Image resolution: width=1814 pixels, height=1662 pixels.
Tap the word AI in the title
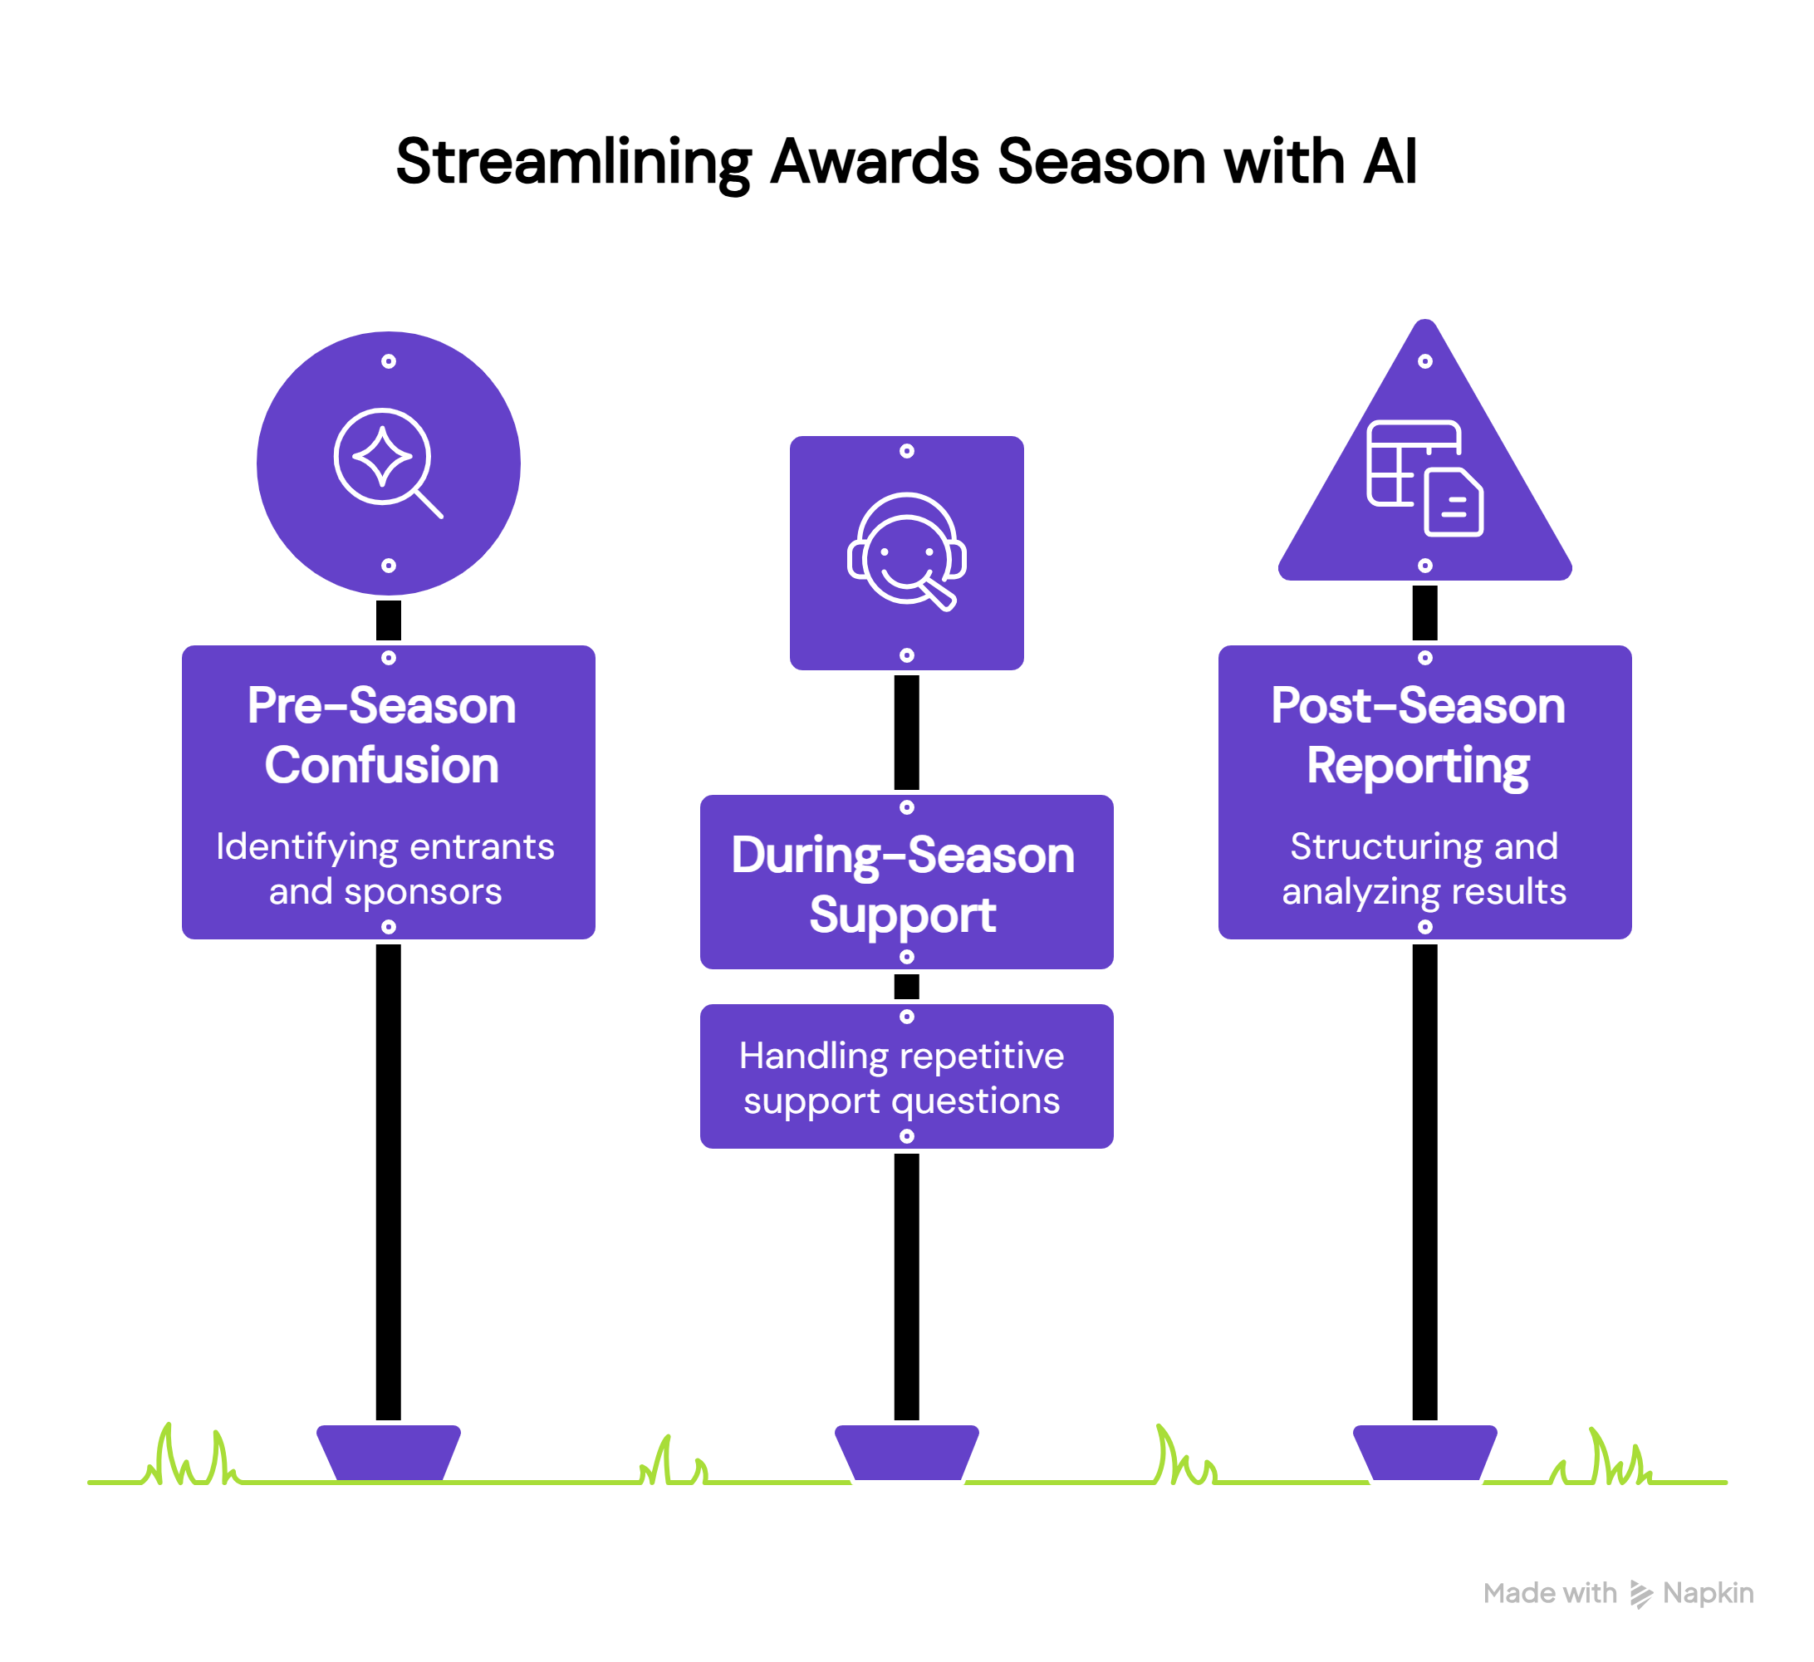(1390, 163)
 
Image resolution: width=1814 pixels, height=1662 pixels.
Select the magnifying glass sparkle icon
(388, 463)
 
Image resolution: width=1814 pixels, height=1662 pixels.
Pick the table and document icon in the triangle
(1424, 478)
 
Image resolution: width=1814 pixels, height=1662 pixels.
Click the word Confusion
(381, 766)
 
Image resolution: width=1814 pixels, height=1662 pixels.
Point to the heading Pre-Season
(381, 705)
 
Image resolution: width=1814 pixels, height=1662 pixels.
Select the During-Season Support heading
(904, 885)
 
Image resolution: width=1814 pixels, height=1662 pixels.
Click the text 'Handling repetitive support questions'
(902, 1078)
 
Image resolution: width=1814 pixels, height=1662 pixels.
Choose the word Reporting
(1417, 766)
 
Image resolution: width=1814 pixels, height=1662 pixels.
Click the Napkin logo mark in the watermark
(1640, 1594)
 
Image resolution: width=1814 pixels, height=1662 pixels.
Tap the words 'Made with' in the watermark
(1550, 1594)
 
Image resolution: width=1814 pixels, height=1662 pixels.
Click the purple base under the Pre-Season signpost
(388, 1453)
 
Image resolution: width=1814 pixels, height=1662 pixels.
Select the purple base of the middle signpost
(906, 1453)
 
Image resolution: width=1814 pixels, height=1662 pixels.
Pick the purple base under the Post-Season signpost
(1424, 1453)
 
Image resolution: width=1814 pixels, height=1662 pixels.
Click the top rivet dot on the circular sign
(388, 360)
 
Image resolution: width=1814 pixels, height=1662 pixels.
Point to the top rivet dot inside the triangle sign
(1424, 360)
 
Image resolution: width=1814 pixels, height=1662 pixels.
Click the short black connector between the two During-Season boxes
(906, 986)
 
